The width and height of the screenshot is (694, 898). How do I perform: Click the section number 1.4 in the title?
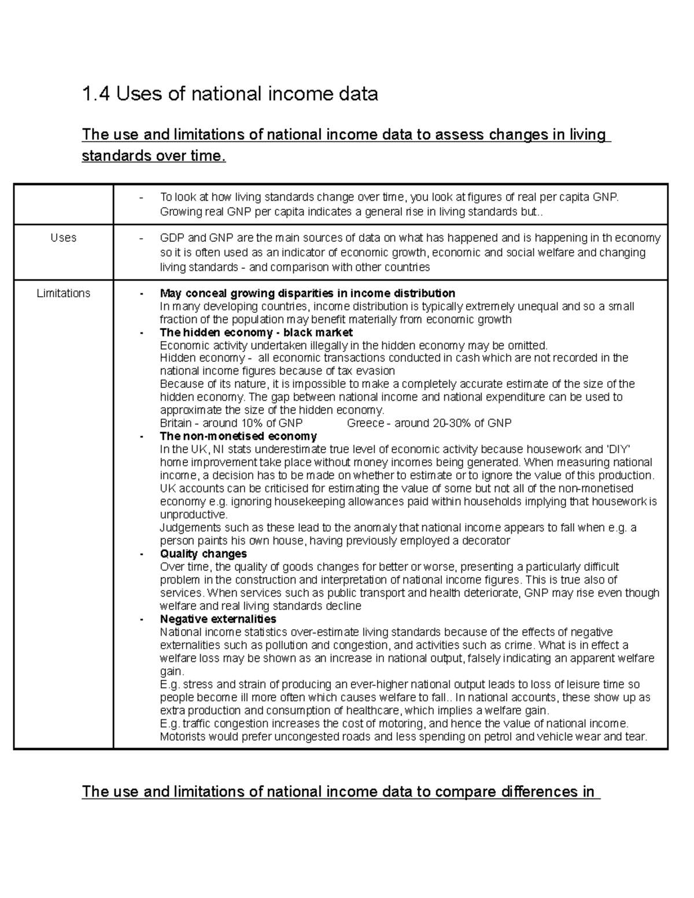pos(96,94)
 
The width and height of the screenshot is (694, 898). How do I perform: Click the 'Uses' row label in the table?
pos(63,238)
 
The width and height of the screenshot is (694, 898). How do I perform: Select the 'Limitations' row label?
pos(63,293)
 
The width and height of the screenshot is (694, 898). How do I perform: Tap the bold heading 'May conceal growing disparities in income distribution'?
pos(307,293)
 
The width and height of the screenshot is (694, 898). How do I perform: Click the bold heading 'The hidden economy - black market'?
pos(256,332)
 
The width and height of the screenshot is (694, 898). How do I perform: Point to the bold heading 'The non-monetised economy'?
pos(238,436)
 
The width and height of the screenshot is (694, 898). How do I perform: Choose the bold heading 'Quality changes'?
pos(203,553)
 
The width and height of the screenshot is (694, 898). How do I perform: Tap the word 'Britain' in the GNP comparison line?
pos(176,423)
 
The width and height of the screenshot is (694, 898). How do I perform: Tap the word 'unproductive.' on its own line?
pos(193,515)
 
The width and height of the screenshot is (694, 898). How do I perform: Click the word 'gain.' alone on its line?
pos(172,671)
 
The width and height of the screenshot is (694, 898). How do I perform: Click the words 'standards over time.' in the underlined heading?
pos(154,156)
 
